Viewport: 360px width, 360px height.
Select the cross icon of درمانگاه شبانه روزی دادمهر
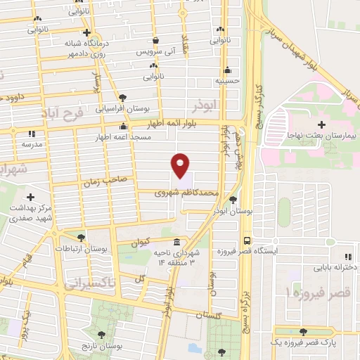pos(86,32)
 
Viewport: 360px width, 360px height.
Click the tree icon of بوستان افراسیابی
pos(123,97)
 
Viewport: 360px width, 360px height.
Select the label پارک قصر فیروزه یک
pos(303,342)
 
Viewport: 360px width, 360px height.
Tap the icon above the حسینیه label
pos(227,70)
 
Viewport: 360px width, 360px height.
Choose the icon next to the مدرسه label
pos(31,133)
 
